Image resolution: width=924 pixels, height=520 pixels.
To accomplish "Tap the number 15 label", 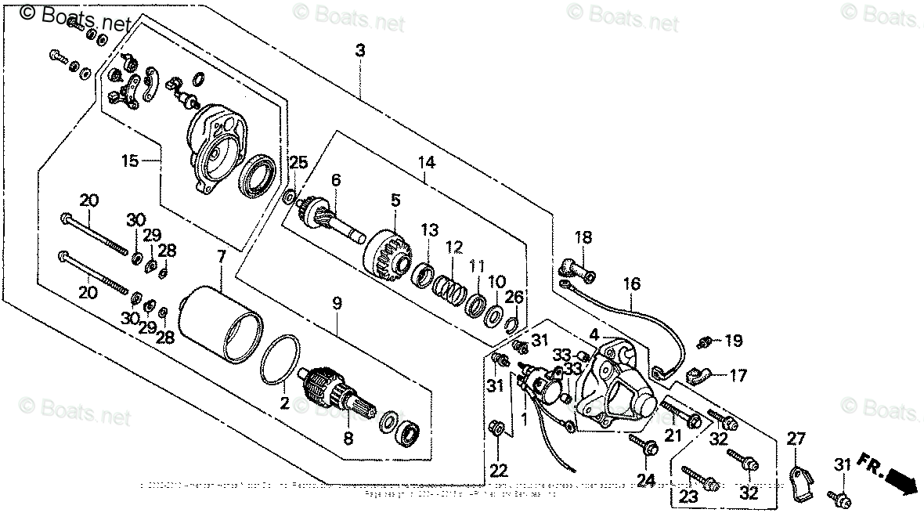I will click(x=129, y=161).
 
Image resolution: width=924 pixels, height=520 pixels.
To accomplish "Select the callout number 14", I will click(x=425, y=163).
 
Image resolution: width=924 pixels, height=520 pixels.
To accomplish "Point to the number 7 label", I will click(x=221, y=257).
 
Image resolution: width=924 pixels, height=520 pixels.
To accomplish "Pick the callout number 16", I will click(x=632, y=283).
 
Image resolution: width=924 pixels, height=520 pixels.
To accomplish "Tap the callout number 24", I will click(x=645, y=479).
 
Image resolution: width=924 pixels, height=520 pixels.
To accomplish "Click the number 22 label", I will click(x=499, y=471).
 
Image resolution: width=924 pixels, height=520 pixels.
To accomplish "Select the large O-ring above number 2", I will click(x=279, y=360).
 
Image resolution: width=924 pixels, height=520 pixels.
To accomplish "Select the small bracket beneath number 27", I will click(x=799, y=482).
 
